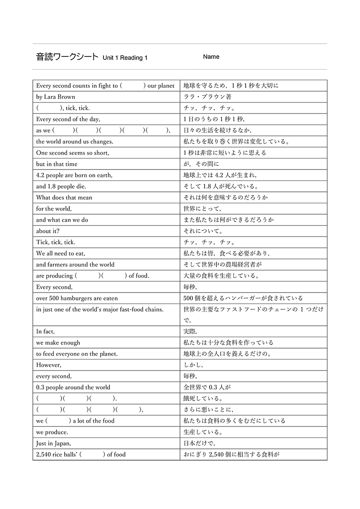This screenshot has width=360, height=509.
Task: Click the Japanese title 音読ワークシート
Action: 67,57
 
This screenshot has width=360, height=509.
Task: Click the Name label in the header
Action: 211,57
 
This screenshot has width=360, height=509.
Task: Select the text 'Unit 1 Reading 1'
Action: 125,58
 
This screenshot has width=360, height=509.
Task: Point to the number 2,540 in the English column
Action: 44,454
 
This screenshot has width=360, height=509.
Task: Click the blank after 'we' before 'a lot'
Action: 58,421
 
